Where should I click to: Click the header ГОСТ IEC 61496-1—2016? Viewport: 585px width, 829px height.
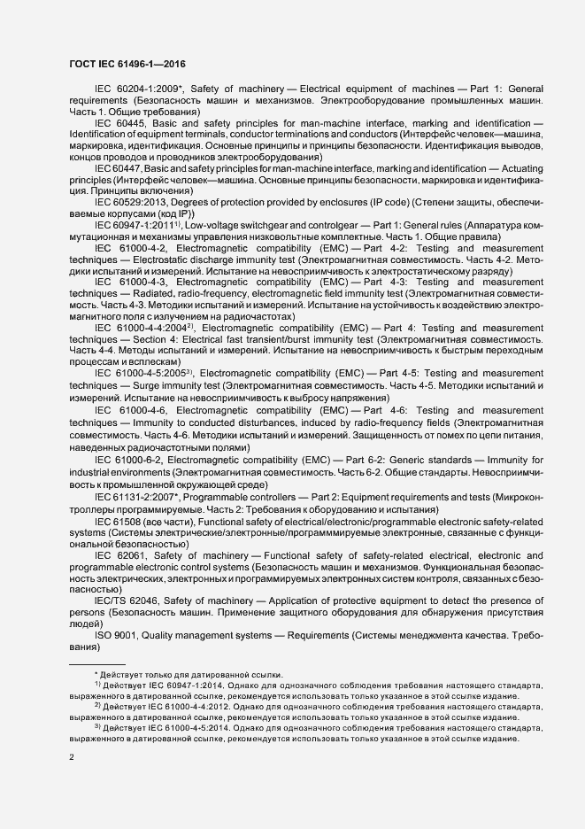click(x=126, y=65)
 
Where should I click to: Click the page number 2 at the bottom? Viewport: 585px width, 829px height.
click(x=73, y=757)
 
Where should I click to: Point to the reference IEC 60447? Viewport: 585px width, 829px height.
click(x=119, y=169)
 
